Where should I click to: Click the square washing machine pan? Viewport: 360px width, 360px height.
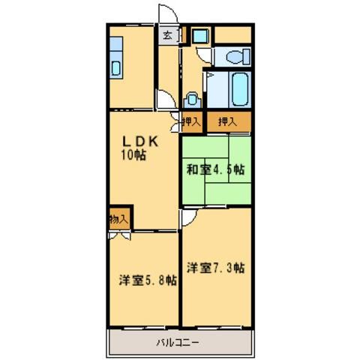click(x=199, y=34)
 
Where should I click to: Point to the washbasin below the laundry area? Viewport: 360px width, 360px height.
click(x=193, y=97)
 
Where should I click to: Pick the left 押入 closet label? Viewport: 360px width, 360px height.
click(x=190, y=121)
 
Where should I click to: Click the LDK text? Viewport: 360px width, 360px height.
click(x=139, y=140)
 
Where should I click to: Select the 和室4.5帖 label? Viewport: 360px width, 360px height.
click(x=215, y=169)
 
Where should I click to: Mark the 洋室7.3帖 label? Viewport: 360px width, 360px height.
click(x=215, y=267)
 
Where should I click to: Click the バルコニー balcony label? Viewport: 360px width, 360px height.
click(x=178, y=343)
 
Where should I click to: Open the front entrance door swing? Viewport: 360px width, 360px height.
click(x=167, y=15)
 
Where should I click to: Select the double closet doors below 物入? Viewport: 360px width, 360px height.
click(x=118, y=235)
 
